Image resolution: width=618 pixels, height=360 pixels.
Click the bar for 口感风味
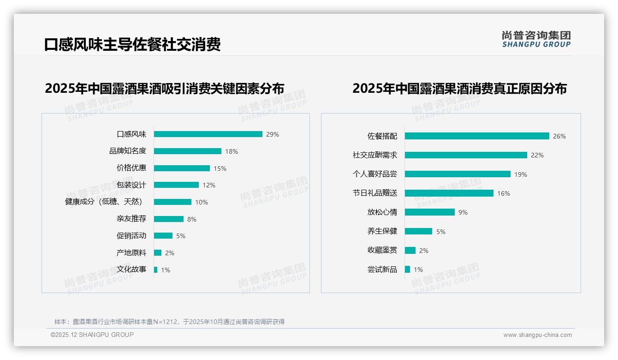click(208, 134)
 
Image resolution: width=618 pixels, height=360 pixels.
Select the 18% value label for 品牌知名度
click(232, 151)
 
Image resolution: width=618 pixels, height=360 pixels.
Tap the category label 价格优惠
click(131, 168)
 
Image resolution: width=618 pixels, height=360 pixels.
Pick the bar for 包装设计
click(176, 185)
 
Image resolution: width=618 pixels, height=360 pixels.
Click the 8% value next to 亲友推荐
click(192, 219)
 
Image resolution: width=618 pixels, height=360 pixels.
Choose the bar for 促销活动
click(163, 236)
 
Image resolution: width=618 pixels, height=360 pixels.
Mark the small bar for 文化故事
click(156, 270)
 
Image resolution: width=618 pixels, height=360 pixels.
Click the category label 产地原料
click(131, 253)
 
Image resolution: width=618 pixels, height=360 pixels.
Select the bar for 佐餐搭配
click(477, 136)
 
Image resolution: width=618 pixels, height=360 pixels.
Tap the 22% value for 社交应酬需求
click(537, 156)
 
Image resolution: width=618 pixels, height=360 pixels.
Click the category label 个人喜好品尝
click(374, 174)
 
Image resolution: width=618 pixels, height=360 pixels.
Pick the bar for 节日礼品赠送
click(449, 193)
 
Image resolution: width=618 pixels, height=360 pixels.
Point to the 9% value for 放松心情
click(463, 212)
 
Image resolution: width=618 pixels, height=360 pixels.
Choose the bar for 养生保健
click(419, 231)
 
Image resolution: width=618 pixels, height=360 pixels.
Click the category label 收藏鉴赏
click(382, 250)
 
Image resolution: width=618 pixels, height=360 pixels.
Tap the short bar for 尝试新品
click(408, 269)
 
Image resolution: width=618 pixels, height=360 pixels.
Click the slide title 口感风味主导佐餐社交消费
click(132, 44)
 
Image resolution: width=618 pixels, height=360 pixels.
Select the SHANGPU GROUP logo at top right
click(536, 39)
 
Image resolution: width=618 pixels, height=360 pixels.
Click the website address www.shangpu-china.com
click(537, 335)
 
